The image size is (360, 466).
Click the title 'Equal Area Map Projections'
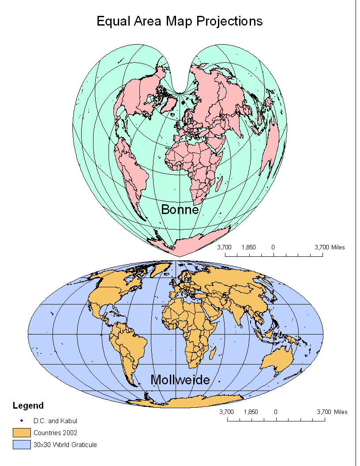click(x=180, y=21)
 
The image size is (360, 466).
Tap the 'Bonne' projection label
click(x=180, y=209)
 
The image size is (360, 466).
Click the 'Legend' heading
click(x=28, y=406)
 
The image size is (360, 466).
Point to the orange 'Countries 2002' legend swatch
click(x=21, y=432)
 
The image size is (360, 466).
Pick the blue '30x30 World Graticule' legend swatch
click(x=21, y=444)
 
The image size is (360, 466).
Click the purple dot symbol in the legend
click(x=21, y=421)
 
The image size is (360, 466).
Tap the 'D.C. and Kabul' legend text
click(x=55, y=421)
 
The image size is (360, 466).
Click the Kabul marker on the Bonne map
click(x=224, y=120)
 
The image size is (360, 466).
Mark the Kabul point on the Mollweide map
click(x=225, y=300)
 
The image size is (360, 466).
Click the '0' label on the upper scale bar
click(x=273, y=248)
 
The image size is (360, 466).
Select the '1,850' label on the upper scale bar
click(x=249, y=248)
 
